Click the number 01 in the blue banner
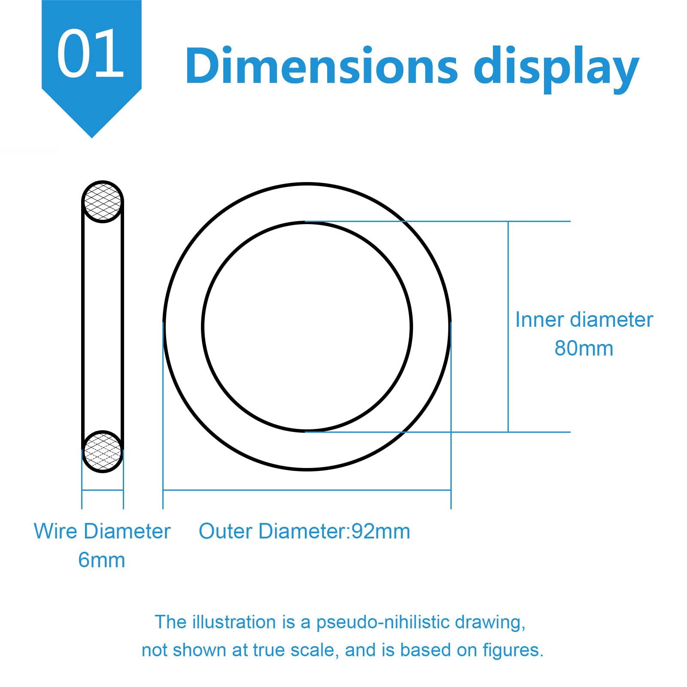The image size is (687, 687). point(91,54)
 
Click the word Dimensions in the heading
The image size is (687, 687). point(322,66)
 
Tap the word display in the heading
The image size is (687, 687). point(556,69)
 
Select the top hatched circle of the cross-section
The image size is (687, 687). point(103,201)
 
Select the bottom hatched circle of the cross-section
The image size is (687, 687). point(103,451)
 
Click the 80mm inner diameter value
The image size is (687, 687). point(584,348)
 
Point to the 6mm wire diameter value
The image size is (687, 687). point(102,560)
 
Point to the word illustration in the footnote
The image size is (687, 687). point(234,622)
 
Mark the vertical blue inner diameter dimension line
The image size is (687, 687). point(508,327)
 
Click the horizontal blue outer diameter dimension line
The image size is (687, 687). point(307,490)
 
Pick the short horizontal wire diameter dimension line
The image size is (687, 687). point(103,490)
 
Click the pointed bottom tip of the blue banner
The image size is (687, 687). point(91,138)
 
